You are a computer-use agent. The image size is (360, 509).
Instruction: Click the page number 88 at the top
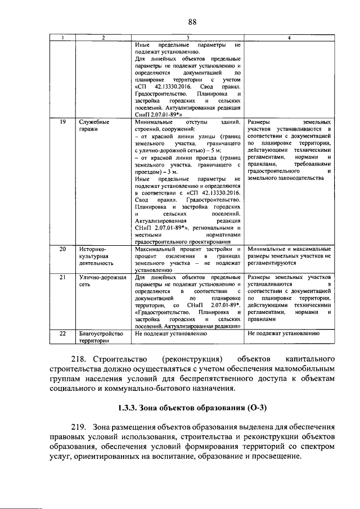click(191, 22)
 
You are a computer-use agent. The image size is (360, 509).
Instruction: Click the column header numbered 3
click(188, 38)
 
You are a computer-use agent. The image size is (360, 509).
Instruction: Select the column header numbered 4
click(289, 38)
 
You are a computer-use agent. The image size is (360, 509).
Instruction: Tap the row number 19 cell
click(64, 121)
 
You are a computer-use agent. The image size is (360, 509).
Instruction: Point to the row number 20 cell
click(64, 249)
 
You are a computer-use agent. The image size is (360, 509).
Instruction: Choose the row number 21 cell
click(64, 277)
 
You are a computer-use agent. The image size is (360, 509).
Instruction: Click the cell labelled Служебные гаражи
click(94, 125)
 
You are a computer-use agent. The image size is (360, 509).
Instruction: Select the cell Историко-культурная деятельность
click(96, 255)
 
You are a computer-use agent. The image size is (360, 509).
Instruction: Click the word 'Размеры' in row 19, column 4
click(261, 121)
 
